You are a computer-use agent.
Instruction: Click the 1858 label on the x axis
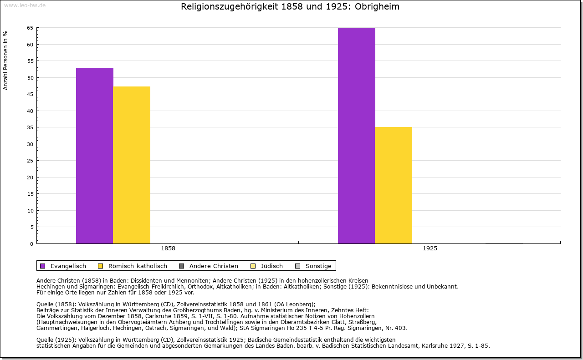click(x=168, y=249)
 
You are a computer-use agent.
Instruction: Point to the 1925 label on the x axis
click(x=430, y=249)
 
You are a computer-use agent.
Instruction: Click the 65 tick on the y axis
click(x=30, y=28)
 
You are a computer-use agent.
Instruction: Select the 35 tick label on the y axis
click(x=30, y=127)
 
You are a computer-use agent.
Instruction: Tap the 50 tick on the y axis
click(x=30, y=78)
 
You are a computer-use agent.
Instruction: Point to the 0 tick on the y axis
click(x=31, y=244)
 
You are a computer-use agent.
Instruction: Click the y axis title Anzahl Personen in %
click(x=5, y=60)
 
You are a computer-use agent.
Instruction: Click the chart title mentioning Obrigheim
click(x=290, y=7)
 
